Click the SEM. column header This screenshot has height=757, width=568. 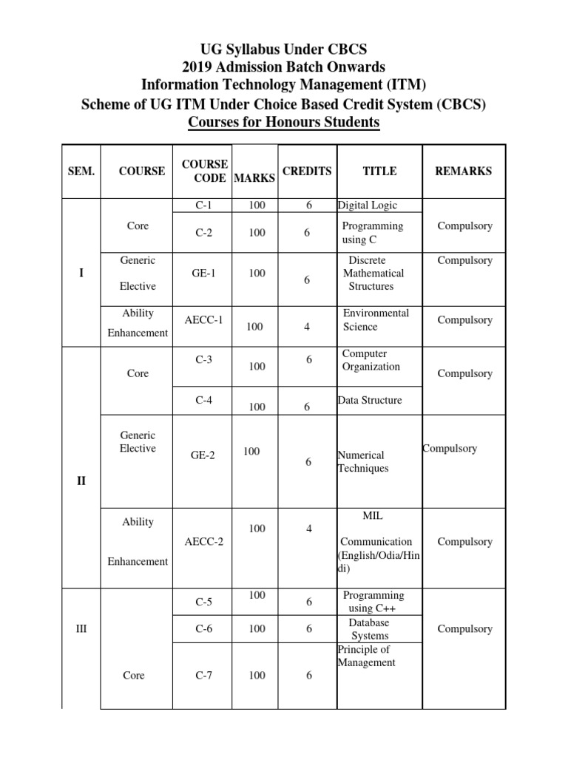pyautogui.click(x=81, y=172)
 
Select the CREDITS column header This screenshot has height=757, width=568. pyautogui.click(x=307, y=172)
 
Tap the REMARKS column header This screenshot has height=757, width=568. pyautogui.click(x=463, y=172)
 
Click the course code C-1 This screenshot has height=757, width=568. pyautogui.click(x=204, y=205)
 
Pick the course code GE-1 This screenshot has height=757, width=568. pyautogui.click(x=203, y=274)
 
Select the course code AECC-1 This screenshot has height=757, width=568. pyautogui.click(x=203, y=319)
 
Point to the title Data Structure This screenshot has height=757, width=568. pyautogui.click(x=370, y=400)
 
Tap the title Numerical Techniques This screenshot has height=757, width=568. pyautogui.click(x=362, y=462)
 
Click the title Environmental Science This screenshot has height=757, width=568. pyautogui.click(x=376, y=320)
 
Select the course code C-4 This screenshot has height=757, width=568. pyautogui.click(x=204, y=400)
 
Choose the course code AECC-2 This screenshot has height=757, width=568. pyautogui.click(x=203, y=542)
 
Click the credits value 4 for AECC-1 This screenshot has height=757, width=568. pyautogui.click(x=307, y=327)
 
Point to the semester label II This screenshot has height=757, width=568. pyautogui.click(x=81, y=481)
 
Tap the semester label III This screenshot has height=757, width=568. pyautogui.click(x=81, y=629)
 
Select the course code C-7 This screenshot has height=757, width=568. pyautogui.click(x=204, y=676)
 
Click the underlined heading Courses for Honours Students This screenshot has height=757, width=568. pyautogui.click(x=283, y=121)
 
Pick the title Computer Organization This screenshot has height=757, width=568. pyautogui.click(x=371, y=360)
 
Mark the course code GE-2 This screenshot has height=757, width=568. pyautogui.click(x=203, y=455)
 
